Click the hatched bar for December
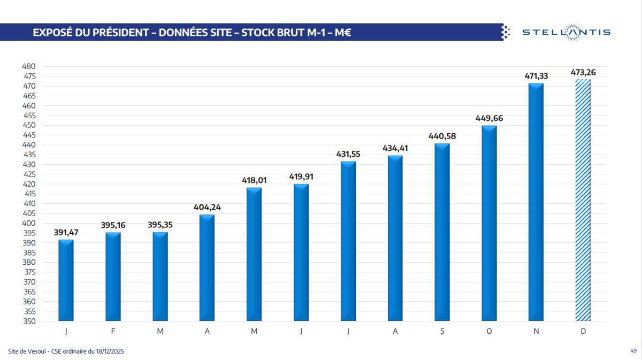pyautogui.click(x=583, y=201)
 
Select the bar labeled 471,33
pyautogui.click(x=536, y=202)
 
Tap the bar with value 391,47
pyautogui.click(x=66, y=280)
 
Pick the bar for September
pyautogui.click(x=442, y=232)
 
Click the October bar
pyautogui.click(x=489, y=223)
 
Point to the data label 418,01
pyautogui.click(x=254, y=180)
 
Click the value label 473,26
pyautogui.click(x=583, y=72)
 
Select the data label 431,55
pyautogui.click(x=348, y=154)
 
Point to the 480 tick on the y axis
pyautogui.click(x=28, y=66)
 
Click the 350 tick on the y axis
pyautogui.click(x=28, y=321)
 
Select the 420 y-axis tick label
pyautogui.click(x=28, y=184)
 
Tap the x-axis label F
pyautogui.click(x=113, y=331)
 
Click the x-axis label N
pyautogui.click(x=536, y=331)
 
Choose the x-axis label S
pyautogui.click(x=442, y=331)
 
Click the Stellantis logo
pyautogui.click(x=566, y=32)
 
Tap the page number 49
pyautogui.click(x=633, y=351)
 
